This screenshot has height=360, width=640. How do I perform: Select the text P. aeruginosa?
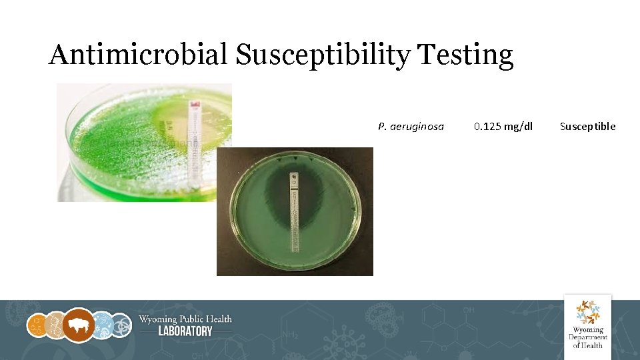click(411, 127)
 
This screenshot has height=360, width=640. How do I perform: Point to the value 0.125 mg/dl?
click(503, 127)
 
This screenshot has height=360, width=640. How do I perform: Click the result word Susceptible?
click(587, 127)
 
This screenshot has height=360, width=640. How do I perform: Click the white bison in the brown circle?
click(79, 326)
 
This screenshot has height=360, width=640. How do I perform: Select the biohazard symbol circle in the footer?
click(122, 326)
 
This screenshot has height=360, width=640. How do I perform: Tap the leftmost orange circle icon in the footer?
click(37, 326)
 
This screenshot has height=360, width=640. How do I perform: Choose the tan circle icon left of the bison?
click(56, 326)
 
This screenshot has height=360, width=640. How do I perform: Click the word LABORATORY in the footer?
click(185, 331)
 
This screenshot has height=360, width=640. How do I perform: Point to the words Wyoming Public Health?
click(185, 319)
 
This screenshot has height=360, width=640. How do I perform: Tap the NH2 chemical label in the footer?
click(289, 334)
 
